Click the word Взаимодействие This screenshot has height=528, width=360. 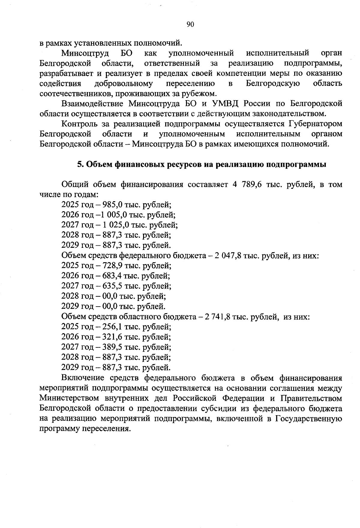point(92,104)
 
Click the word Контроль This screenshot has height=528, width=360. point(80,124)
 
